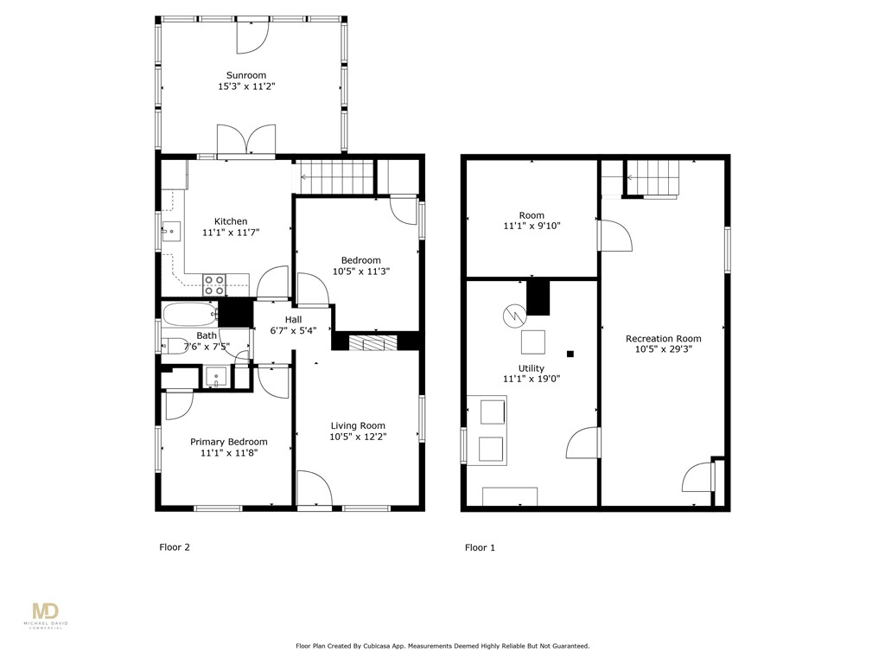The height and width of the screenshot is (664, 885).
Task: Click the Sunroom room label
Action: (246, 75)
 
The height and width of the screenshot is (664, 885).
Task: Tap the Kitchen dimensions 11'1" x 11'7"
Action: (231, 233)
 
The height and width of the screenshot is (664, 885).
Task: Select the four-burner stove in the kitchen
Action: (213, 284)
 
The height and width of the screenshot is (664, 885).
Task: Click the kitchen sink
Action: (171, 230)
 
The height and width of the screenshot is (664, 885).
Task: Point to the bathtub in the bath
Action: (189, 312)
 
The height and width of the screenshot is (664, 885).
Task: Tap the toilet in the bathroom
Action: (176, 346)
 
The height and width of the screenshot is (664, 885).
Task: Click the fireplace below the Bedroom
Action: (374, 342)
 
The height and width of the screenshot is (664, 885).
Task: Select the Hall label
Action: (293, 319)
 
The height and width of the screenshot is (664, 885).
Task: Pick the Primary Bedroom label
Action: (229, 442)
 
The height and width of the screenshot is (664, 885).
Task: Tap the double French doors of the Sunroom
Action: (246, 140)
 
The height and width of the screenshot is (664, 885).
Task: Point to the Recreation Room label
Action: (663, 338)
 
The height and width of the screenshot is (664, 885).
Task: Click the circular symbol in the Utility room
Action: (513, 316)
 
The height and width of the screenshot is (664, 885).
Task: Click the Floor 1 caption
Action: (480, 547)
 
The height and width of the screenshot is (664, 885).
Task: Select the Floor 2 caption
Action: (175, 547)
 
